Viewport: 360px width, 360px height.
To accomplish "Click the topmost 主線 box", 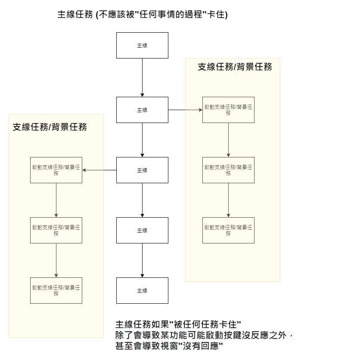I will click(x=142, y=45).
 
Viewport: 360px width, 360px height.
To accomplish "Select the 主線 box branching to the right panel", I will click(x=142, y=110).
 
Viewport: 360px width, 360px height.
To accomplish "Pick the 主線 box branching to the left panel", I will click(x=142, y=170).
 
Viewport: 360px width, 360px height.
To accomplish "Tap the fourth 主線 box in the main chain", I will click(x=142, y=230).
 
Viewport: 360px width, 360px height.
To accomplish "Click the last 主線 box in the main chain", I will click(x=142, y=290).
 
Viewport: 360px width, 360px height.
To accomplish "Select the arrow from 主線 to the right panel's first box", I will click(x=185, y=110).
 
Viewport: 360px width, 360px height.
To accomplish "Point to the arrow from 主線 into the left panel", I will click(x=99, y=170).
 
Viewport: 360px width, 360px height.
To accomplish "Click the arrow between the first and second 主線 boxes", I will click(x=142, y=77).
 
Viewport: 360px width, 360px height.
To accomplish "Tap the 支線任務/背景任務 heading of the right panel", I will click(x=235, y=67).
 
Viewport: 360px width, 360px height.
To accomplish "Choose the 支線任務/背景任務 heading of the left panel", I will click(x=50, y=127).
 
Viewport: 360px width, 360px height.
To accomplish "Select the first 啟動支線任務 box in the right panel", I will click(x=228, y=110).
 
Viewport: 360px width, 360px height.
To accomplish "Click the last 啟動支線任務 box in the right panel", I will click(x=228, y=230).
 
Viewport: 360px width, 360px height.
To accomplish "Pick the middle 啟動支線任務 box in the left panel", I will click(x=56, y=230).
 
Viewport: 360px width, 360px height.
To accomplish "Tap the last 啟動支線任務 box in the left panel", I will click(x=56, y=290).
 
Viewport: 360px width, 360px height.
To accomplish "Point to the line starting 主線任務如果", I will click(x=178, y=324).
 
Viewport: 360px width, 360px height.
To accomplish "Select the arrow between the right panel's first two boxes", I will click(x=228, y=140).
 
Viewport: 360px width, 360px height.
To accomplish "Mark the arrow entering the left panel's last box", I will click(x=56, y=260).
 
